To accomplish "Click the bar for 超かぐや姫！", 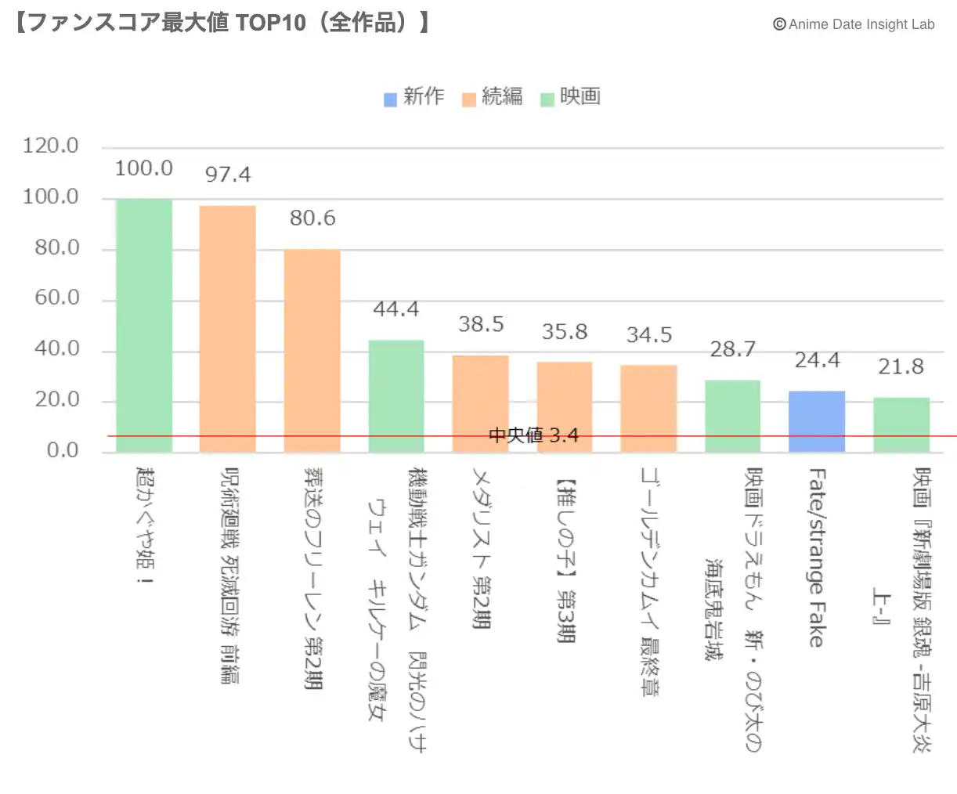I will pyautogui.click(x=144, y=325).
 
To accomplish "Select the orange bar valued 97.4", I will pyautogui.click(x=228, y=329).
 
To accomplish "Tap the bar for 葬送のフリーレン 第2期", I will pyautogui.click(x=312, y=350).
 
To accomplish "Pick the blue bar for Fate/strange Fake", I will pyautogui.click(x=817, y=420).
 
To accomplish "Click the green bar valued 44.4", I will pyautogui.click(x=396, y=395).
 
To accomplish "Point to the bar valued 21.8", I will pyautogui.click(x=901, y=424).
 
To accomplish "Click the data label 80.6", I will pyautogui.click(x=312, y=218).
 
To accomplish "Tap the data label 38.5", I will pyautogui.click(x=481, y=324).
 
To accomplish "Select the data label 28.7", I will pyautogui.click(x=733, y=349).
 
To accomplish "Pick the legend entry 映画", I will pyautogui.click(x=572, y=97).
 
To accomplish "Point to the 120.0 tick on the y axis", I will pyautogui.click(x=51, y=146).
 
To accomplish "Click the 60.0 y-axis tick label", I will pyautogui.click(x=56, y=298).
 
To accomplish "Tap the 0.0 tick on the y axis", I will pyautogui.click(x=62, y=450).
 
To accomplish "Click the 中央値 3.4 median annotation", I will pyautogui.click(x=533, y=435).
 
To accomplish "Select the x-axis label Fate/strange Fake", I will pyautogui.click(x=817, y=558).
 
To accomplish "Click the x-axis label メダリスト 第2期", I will pyautogui.click(x=481, y=548).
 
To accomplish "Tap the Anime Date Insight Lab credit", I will pyautogui.click(x=854, y=24).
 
